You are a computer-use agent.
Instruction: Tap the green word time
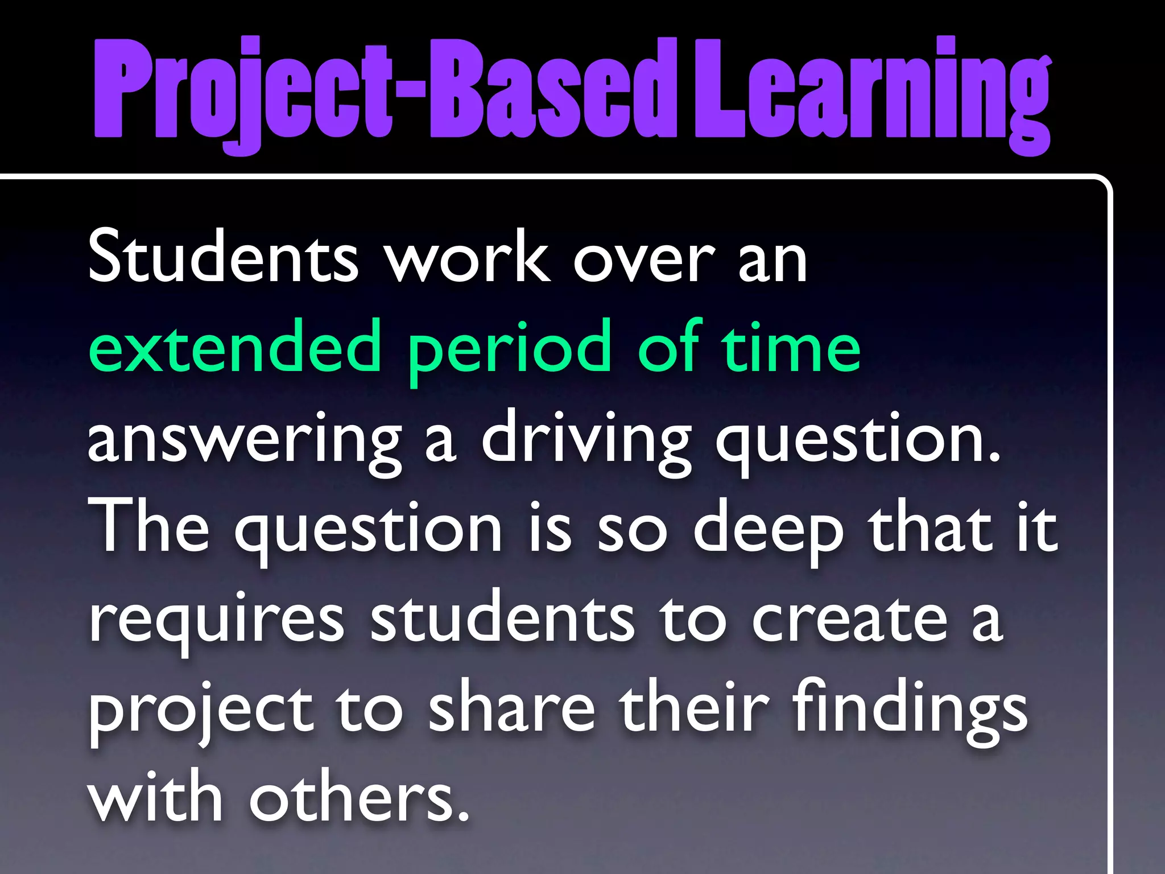pyautogui.click(x=791, y=347)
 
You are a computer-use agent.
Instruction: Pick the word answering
pyautogui.click(x=245, y=441)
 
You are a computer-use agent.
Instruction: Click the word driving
pyautogui.click(x=586, y=441)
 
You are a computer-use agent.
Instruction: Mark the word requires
pyautogui.click(x=216, y=620)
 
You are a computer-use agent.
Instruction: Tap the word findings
pyautogui.click(x=910, y=711)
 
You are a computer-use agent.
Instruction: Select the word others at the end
pyautogui.click(x=358, y=799)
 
